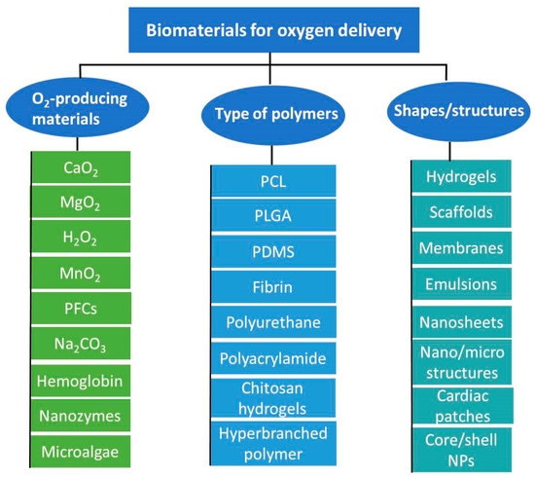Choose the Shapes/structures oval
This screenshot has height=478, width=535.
coord(461,111)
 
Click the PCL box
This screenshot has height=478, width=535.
coord(274,180)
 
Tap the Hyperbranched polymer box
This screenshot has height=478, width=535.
coord(274,443)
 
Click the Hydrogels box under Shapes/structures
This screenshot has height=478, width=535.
coord(464,176)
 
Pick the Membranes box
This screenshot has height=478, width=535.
coord(464,247)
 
